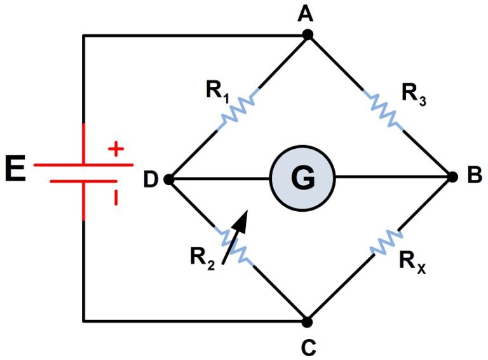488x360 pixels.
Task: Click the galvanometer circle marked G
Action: click(302, 179)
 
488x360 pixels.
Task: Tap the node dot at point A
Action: click(308, 35)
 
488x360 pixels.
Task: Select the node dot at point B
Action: click(452, 177)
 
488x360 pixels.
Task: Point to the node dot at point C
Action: click(307, 321)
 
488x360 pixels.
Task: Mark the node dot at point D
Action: click(168, 179)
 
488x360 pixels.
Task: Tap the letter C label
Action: click(308, 347)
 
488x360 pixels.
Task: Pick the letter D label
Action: click(150, 180)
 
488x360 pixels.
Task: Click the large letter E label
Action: click(15, 170)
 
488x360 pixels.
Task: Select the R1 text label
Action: click(217, 91)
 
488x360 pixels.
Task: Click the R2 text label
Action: click(201, 258)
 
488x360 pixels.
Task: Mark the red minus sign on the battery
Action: click(116, 197)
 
